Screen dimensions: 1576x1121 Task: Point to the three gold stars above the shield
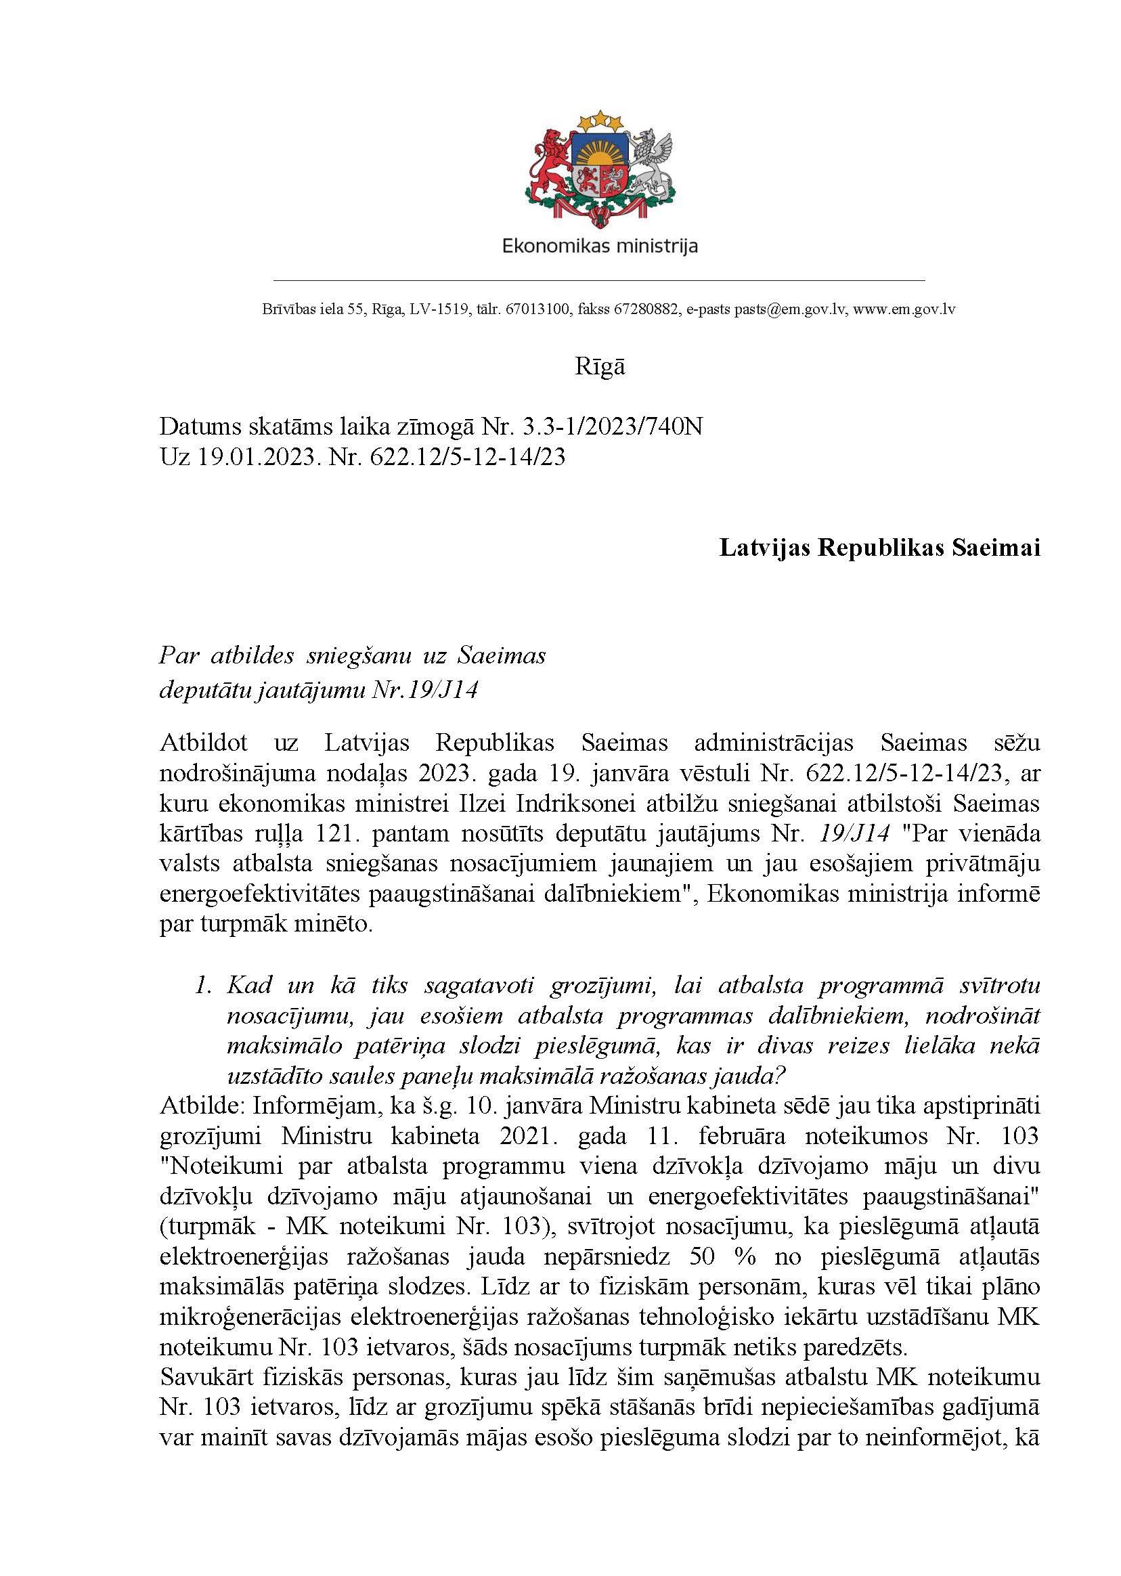tap(599, 121)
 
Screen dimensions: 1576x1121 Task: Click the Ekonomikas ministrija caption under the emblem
tap(599, 246)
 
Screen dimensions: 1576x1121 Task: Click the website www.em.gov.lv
tap(904, 309)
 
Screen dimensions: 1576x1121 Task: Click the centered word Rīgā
tap(600, 366)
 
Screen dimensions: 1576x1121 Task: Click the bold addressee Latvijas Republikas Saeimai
tap(879, 548)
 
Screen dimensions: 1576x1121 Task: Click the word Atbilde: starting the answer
tap(202, 1106)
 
